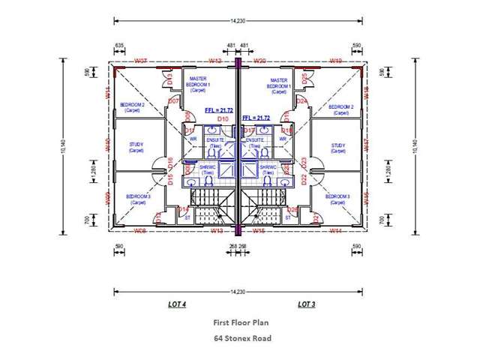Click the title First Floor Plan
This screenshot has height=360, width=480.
[x=241, y=322]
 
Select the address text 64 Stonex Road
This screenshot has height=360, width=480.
[x=241, y=338]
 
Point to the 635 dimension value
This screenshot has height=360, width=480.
[x=119, y=46]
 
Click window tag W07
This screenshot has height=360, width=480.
[x=140, y=60]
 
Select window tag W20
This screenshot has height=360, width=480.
[x=261, y=60]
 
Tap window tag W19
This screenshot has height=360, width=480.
[x=336, y=60]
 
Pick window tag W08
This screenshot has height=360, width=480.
[x=140, y=231]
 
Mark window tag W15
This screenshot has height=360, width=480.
[x=259, y=231]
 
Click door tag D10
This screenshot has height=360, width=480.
[x=223, y=119]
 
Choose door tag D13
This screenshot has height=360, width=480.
[x=171, y=76]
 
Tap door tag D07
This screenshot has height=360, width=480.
[x=172, y=100]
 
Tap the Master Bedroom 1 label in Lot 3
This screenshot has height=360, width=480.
[x=278, y=82]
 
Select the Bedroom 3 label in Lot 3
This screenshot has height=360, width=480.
[x=339, y=199]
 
